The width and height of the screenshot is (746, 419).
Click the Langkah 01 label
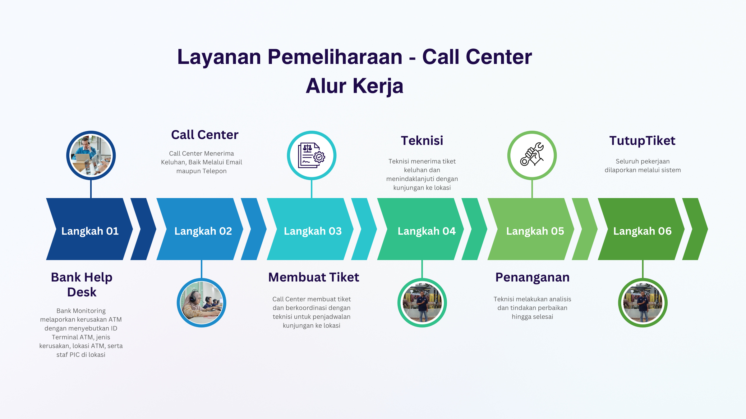coord(90,231)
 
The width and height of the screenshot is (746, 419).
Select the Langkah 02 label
coord(203,231)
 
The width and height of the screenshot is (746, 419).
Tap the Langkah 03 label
coord(313,231)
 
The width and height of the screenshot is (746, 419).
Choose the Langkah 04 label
coord(426,231)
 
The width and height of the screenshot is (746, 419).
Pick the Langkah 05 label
coord(535,231)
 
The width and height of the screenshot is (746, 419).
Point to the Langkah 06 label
coord(642,231)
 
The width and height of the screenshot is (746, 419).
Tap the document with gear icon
coord(311,155)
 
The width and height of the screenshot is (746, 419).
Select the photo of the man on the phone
coord(91,155)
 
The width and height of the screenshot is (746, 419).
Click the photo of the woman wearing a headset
coord(201,303)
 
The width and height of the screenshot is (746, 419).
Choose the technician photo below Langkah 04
coord(422,303)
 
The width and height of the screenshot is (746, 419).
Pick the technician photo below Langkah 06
coord(643,303)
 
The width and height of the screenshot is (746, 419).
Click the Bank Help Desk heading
coord(82,285)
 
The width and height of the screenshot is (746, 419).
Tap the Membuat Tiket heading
coord(314,277)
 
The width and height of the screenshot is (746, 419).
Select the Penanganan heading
coord(532,277)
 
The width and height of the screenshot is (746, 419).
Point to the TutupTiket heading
coord(642,141)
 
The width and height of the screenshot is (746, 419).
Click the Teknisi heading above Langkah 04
coord(422,141)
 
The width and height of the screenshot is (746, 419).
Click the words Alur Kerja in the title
coord(354,86)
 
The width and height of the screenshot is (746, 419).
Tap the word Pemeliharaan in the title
coord(335,57)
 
